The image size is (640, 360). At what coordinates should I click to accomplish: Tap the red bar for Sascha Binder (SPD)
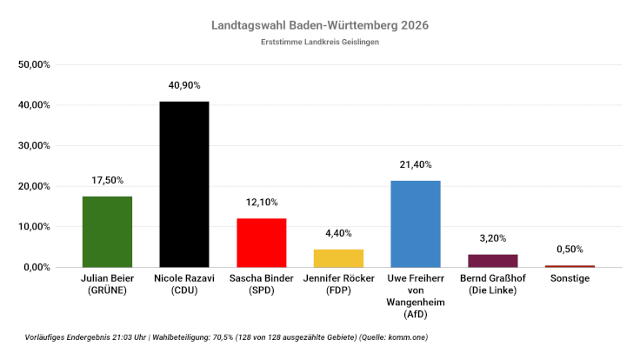261,243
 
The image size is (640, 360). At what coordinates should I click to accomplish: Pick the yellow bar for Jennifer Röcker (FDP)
338,258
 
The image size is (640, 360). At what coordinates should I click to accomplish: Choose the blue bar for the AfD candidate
415,223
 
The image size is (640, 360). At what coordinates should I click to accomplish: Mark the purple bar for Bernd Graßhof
492,261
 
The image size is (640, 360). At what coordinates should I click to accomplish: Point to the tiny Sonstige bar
570,266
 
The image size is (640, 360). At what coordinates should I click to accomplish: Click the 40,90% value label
183,85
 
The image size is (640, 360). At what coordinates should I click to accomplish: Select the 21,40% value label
415,164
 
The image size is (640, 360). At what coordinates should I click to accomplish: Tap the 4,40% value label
338,233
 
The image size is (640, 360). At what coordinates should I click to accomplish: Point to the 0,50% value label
570,249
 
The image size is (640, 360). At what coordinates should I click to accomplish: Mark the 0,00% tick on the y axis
37,267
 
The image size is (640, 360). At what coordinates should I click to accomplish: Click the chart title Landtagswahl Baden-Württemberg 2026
320,25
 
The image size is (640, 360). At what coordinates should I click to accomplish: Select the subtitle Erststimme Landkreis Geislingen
320,42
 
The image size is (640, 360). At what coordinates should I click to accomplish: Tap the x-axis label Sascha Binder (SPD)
261,284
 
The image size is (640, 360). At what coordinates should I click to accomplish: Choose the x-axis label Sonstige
570,278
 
